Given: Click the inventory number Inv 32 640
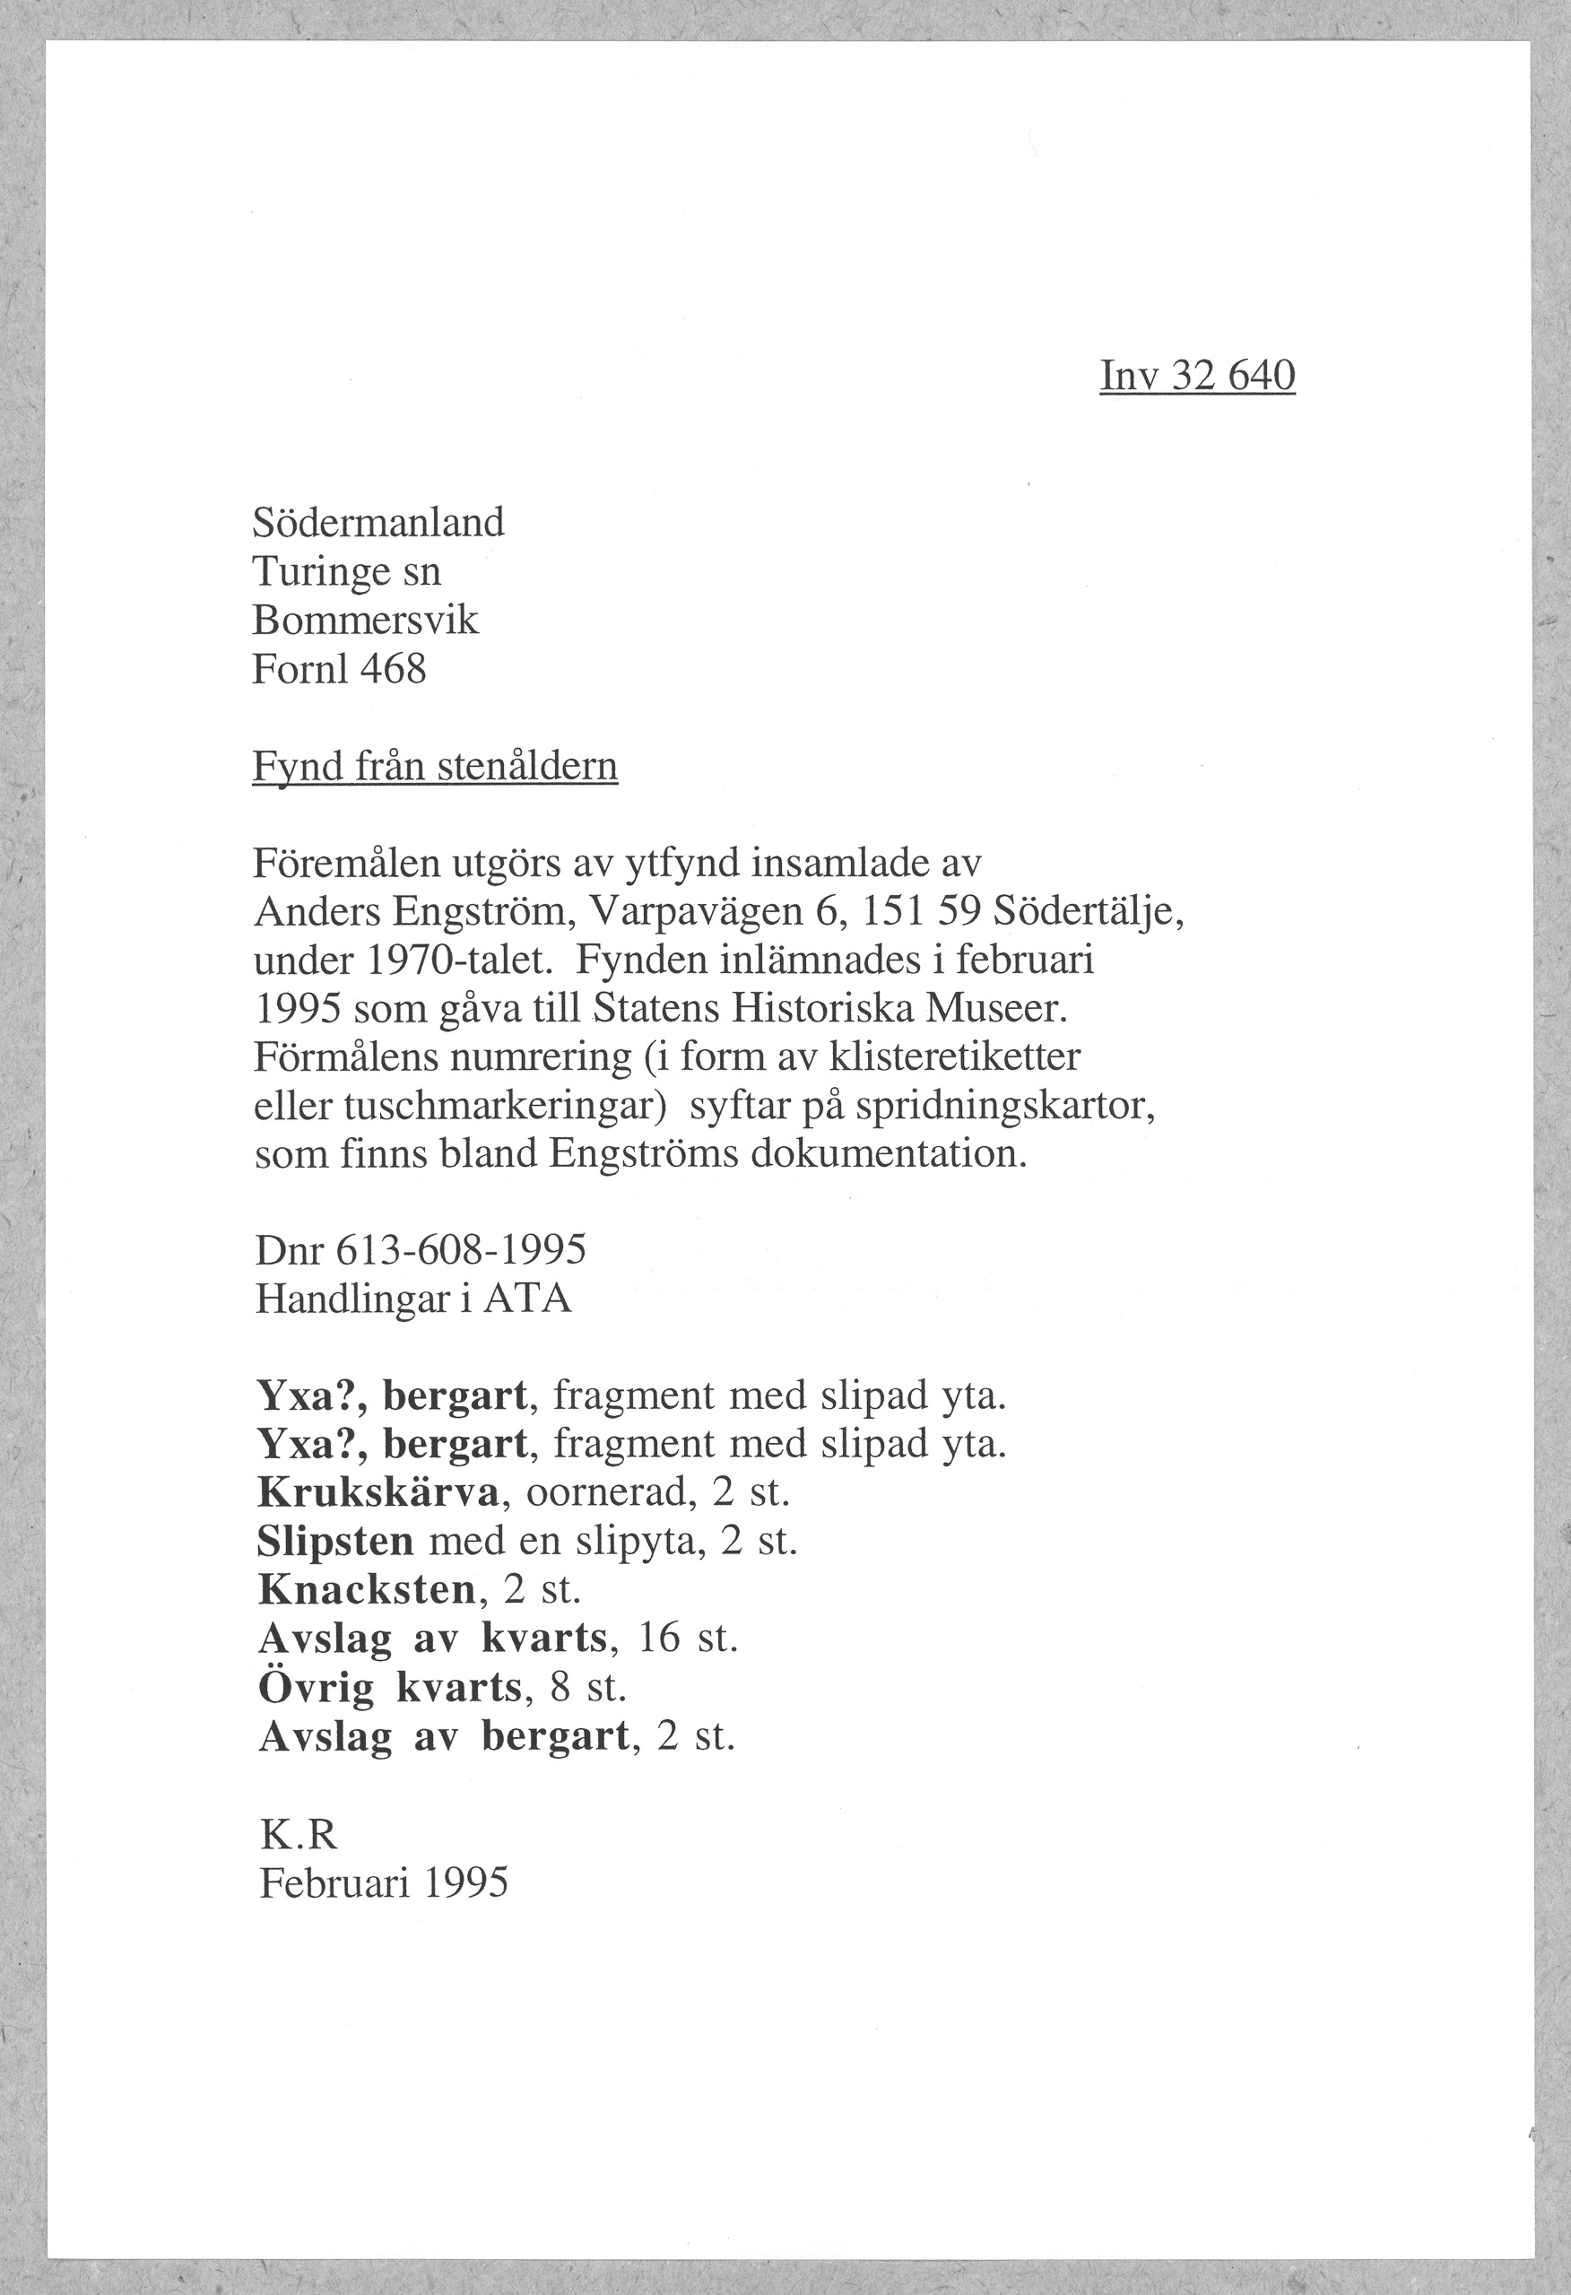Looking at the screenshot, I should tap(1197, 377).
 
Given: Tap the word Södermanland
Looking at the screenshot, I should tap(378, 522).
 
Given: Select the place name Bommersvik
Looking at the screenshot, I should tap(365, 621).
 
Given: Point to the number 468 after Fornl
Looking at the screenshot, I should tap(393, 670).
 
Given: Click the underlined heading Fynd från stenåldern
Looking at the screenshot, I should tap(436, 766).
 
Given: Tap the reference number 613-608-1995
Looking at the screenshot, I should tap(461, 1250).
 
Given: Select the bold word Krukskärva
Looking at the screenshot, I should tap(379, 1492).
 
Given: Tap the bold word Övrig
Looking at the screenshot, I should tap(316, 1688).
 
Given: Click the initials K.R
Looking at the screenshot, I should tap(299, 1835).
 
